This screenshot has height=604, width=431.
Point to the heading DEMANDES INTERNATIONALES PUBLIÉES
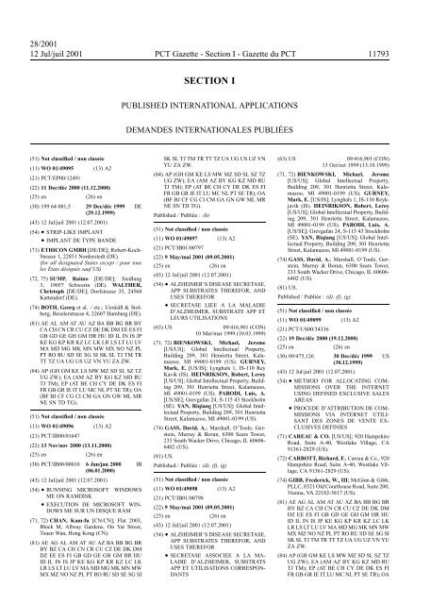point(215,97)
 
